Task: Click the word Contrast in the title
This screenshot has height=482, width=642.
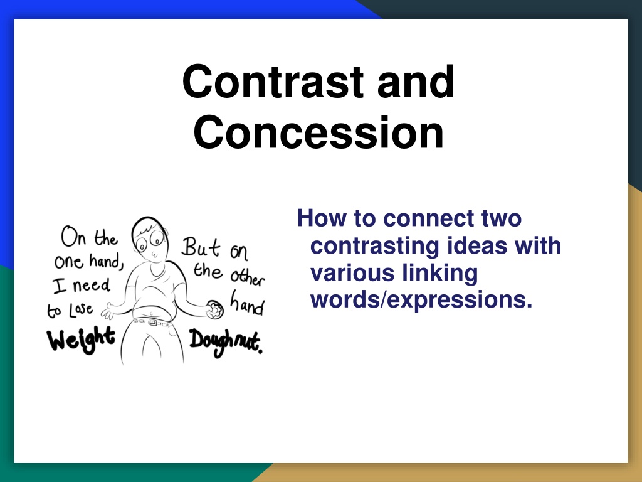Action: point(273,82)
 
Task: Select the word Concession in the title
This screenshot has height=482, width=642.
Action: point(318,132)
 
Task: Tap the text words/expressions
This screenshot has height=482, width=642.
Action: point(421,300)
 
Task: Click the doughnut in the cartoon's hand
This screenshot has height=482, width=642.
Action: point(214,309)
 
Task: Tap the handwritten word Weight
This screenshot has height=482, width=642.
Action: point(81,340)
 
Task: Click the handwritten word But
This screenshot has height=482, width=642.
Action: point(200,247)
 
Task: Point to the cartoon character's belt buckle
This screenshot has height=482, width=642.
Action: point(152,323)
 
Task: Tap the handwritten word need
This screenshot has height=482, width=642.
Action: point(92,284)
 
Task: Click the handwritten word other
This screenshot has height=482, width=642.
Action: point(247,277)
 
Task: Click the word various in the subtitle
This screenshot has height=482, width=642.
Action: point(353,273)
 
